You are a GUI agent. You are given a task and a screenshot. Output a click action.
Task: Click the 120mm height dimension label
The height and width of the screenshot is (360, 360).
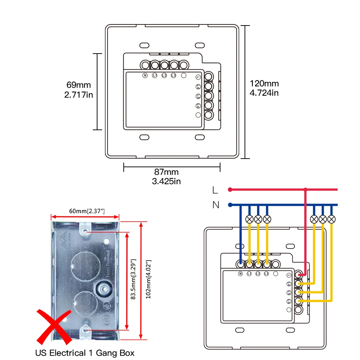click(264, 84)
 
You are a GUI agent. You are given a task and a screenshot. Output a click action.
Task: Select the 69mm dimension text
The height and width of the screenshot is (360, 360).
click(79, 85)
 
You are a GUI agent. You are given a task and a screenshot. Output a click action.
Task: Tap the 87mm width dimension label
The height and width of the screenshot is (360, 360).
click(166, 172)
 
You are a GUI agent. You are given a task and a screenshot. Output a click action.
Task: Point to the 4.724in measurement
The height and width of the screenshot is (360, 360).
click(264, 93)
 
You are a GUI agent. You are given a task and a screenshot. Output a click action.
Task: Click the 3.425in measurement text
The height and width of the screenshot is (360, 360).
click(166, 181)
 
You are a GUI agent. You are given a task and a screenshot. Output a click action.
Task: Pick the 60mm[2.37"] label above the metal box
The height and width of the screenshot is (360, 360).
click(85, 211)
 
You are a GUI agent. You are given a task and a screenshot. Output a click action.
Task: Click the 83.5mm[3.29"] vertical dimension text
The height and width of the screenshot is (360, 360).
click(134, 279)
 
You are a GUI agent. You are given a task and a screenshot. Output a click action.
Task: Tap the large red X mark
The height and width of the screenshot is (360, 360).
click(54, 326)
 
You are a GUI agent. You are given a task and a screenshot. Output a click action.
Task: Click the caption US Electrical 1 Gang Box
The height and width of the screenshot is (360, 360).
click(85, 353)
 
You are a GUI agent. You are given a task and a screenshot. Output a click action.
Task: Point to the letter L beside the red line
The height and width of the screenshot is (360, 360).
click(215, 190)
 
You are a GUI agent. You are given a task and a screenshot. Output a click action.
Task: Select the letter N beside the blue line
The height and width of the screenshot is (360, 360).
click(216, 205)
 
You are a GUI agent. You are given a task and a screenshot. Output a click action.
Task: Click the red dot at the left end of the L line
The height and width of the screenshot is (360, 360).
click(229, 190)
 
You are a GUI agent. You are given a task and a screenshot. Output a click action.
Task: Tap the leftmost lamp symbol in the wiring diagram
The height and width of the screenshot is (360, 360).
click(249, 219)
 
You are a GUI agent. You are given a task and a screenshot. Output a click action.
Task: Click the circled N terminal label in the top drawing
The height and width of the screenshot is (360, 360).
click(145, 76)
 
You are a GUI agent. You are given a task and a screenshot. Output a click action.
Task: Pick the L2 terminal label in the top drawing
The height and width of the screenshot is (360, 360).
click(164, 76)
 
